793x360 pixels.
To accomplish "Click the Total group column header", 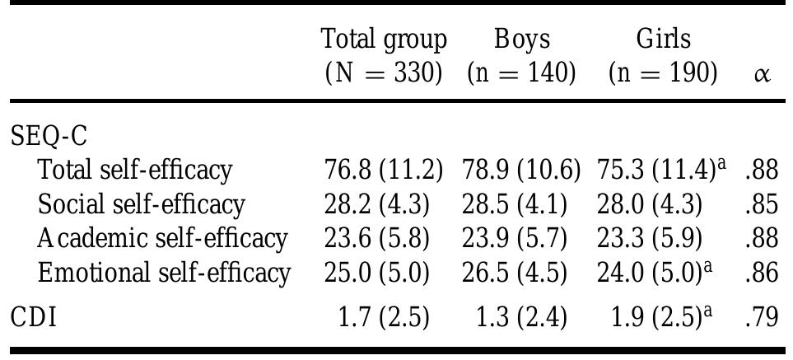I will click(383, 56).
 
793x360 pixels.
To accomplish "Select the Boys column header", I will click(521, 56).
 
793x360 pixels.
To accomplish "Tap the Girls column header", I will click(663, 56).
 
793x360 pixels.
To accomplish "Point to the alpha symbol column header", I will click(762, 74).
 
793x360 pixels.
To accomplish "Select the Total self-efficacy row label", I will click(136, 170).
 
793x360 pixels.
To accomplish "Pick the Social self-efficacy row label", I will click(142, 203).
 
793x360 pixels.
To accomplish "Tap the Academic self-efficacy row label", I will click(162, 238).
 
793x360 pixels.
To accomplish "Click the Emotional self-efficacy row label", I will click(164, 272).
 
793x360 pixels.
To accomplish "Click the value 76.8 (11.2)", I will click(383, 170).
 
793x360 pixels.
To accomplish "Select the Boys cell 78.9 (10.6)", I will click(521, 170).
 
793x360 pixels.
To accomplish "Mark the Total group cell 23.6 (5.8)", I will click(377, 238).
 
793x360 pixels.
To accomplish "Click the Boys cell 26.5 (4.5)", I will click(515, 272).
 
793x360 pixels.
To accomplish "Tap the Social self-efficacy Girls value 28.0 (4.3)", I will click(650, 203).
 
